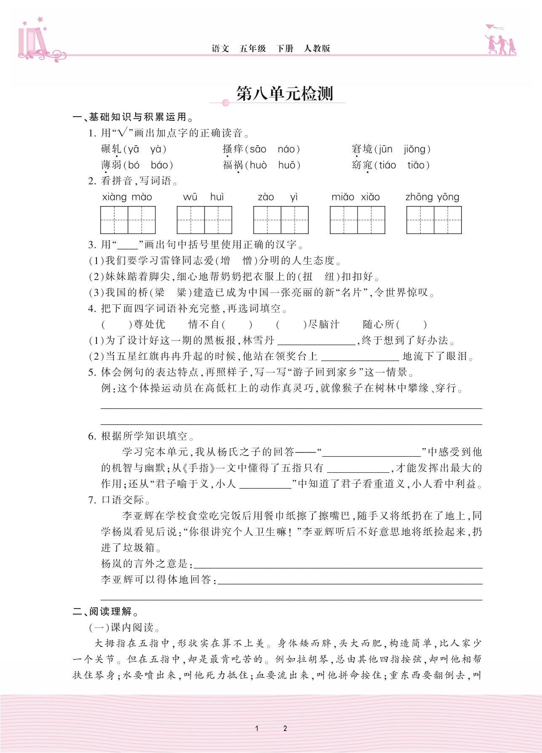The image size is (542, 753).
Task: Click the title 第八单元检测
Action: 285,94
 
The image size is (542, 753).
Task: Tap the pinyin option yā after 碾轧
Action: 133,149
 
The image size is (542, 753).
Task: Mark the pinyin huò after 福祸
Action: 258,165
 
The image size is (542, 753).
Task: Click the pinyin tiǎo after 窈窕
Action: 416,165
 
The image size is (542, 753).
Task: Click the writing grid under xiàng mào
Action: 128,220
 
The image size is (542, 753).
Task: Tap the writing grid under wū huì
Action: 204,220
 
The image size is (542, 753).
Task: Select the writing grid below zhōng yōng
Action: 434,220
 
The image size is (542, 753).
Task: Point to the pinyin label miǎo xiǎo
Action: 355,197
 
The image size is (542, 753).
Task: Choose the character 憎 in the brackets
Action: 247,261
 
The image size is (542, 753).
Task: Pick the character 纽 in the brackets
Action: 330,277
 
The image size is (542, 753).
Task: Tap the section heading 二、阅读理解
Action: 106,612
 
